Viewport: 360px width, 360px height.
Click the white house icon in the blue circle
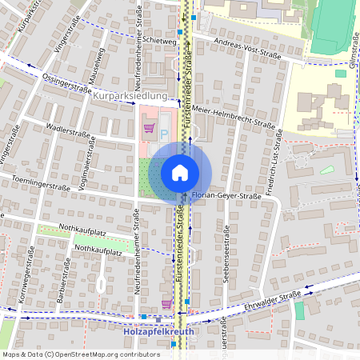click(x=180, y=173)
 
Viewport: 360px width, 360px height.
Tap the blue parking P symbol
click(x=165, y=134)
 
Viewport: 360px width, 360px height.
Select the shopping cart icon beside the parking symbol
click(x=148, y=127)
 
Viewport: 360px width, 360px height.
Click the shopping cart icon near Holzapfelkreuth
click(x=166, y=303)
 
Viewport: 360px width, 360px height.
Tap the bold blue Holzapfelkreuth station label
click(x=160, y=330)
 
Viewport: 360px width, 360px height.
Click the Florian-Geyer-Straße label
click(x=228, y=195)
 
